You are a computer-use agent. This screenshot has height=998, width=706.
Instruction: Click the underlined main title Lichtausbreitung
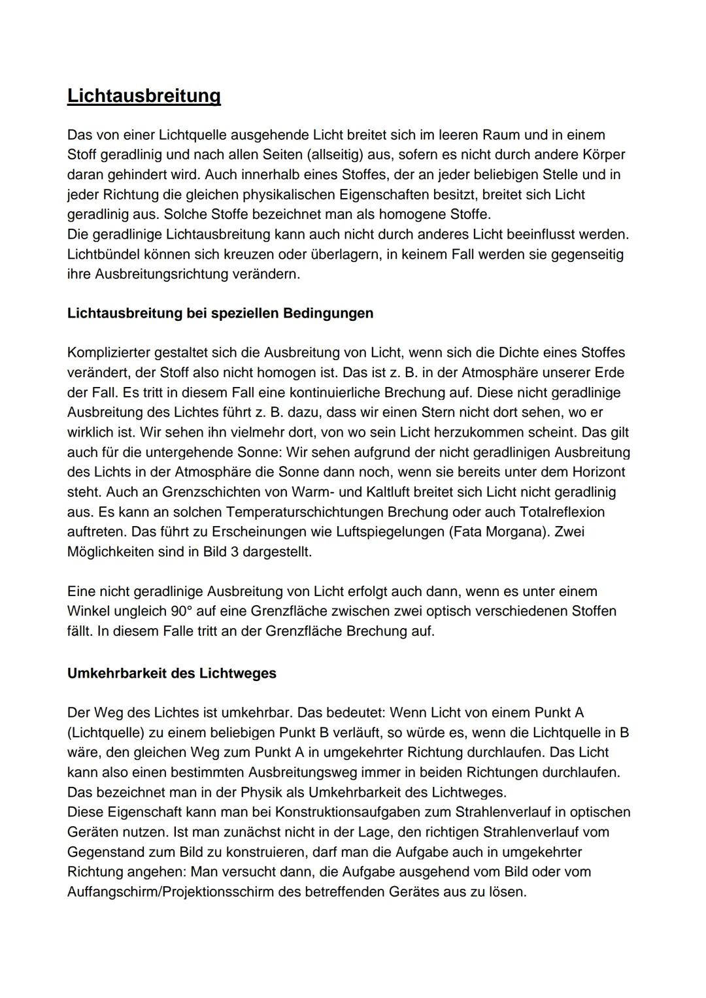tap(144, 96)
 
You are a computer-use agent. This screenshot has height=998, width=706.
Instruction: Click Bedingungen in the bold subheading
tap(328, 313)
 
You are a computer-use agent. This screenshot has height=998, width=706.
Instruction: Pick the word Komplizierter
tap(109, 353)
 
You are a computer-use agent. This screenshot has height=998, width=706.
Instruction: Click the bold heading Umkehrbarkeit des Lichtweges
tap(172, 674)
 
